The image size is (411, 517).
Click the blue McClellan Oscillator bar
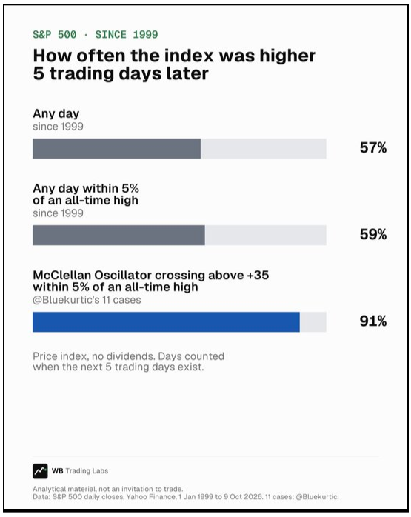166,321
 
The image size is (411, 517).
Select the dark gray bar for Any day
117,149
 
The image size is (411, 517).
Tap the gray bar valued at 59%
118,235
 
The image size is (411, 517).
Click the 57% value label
373,147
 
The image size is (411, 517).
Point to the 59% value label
373,235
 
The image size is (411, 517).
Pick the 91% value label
373,321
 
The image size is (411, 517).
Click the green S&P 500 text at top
54,34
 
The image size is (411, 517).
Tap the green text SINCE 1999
127,34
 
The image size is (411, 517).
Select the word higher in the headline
287,56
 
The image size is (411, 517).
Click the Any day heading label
56,114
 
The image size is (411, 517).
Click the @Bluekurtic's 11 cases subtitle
87,300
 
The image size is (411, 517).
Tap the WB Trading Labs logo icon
40,471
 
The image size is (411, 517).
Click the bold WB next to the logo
57,471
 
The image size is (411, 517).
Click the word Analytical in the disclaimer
47,489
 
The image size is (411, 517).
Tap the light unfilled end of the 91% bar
313,321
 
